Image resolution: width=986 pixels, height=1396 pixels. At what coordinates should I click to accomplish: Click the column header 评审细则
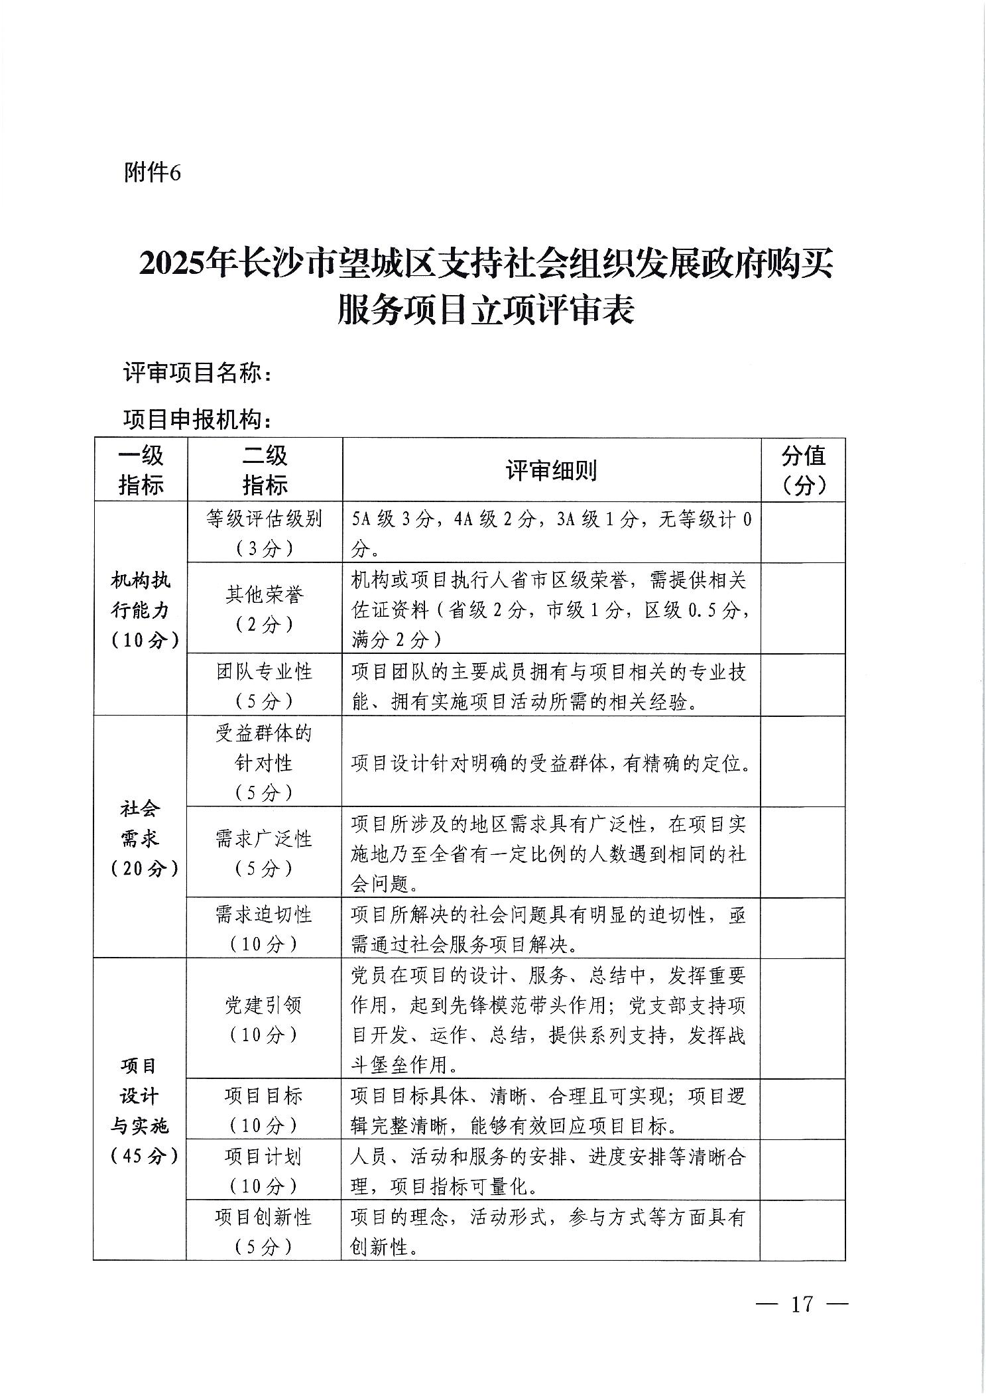click(x=551, y=470)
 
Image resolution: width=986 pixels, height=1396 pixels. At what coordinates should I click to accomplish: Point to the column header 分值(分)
click(x=803, y=470)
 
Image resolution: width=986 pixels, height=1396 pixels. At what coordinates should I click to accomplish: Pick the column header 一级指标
click(x=141, y=470)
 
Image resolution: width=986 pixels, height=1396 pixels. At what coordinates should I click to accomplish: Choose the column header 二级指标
click(x=265, y=470)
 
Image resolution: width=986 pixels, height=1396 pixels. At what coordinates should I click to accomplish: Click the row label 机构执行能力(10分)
click(x=141, y=609)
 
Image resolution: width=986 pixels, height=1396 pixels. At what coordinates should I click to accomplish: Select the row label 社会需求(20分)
click(x=141, y=838)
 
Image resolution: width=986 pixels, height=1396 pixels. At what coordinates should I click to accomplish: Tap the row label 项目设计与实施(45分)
click(x=141, y=1110)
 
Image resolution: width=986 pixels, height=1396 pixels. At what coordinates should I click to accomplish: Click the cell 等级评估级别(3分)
click(x=265, y=533)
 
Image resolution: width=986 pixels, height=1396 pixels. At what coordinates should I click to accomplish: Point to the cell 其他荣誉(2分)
click(x=265, y=609)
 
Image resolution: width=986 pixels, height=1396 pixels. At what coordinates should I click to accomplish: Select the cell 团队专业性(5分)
click(x=265, y=685)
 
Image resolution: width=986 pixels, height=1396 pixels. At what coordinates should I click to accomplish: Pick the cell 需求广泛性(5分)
click(x=265, y=852)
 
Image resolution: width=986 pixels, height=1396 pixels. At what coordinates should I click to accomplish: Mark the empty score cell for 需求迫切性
click(x=803, y=928)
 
